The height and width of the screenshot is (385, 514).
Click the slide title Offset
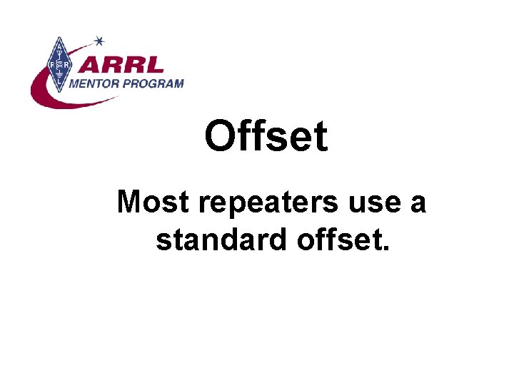click(x=266, y=136)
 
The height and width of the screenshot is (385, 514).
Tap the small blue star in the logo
click(x=99, y=41)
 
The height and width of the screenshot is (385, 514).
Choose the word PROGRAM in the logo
click(x=154, y=83)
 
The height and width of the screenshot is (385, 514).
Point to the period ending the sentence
click(x=386, y=249)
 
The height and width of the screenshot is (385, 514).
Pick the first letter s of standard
click(x=163, y=242)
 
